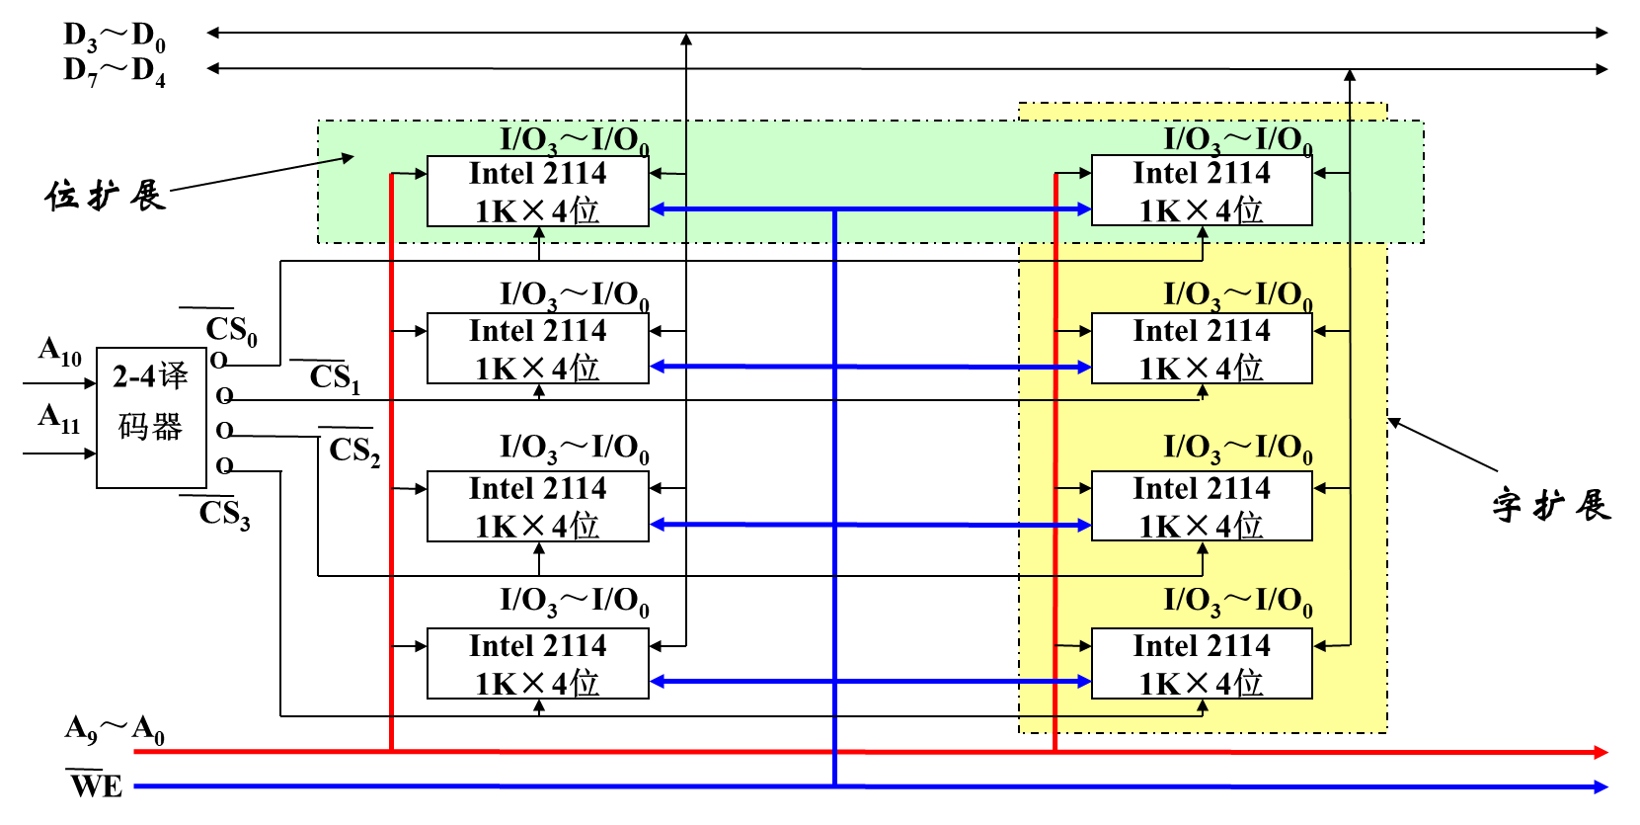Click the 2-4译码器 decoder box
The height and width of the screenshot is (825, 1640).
151,417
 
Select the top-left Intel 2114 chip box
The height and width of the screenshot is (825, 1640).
537,191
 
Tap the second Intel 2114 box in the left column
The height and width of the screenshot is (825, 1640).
537,348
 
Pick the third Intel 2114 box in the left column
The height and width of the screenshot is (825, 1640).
537,506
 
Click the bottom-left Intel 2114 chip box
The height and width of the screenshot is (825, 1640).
537,663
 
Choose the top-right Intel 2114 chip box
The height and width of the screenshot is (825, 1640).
1201,191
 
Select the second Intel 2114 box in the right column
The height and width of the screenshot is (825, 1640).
1201,348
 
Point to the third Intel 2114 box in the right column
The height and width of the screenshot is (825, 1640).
1201,506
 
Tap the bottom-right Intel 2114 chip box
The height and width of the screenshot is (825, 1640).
1201,663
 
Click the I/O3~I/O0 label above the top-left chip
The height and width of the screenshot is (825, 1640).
574,140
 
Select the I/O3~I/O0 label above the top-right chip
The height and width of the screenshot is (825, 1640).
1237,140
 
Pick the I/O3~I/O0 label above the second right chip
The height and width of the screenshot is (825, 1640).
1237,294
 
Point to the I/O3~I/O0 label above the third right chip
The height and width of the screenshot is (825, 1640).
1237,448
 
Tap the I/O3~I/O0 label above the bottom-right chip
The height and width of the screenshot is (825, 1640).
1237,601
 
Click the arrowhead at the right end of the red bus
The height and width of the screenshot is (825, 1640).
1601,752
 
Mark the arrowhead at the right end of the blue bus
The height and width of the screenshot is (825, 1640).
1601,786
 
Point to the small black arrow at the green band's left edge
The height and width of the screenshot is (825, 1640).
346,157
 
